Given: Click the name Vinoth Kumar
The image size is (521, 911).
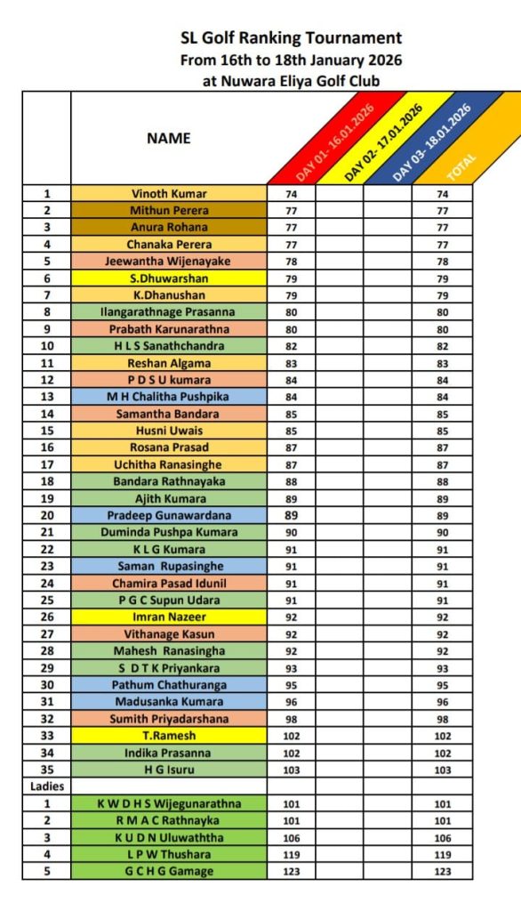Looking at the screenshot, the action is click(x=169, y=193).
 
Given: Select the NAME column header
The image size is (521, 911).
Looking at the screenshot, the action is click(x=169, y=139).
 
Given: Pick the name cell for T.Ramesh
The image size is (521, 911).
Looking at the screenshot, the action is click(x=169, y=736).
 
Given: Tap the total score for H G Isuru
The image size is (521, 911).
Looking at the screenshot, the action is click(x=443, y=769).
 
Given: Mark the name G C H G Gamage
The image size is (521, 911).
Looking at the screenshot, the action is click(x=169, y=871).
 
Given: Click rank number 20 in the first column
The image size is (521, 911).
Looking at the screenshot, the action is click(x=47, y=515).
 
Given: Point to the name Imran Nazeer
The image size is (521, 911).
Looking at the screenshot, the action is click(x=169, y=617).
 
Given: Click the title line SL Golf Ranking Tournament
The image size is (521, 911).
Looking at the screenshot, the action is click(x=291, y=38).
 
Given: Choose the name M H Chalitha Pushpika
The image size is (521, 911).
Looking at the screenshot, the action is click(x=169, y=397).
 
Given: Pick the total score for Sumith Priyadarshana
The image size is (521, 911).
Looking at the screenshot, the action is click(x=443, y=718).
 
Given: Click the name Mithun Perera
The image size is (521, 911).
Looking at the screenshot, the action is click(x=169, y=211).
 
